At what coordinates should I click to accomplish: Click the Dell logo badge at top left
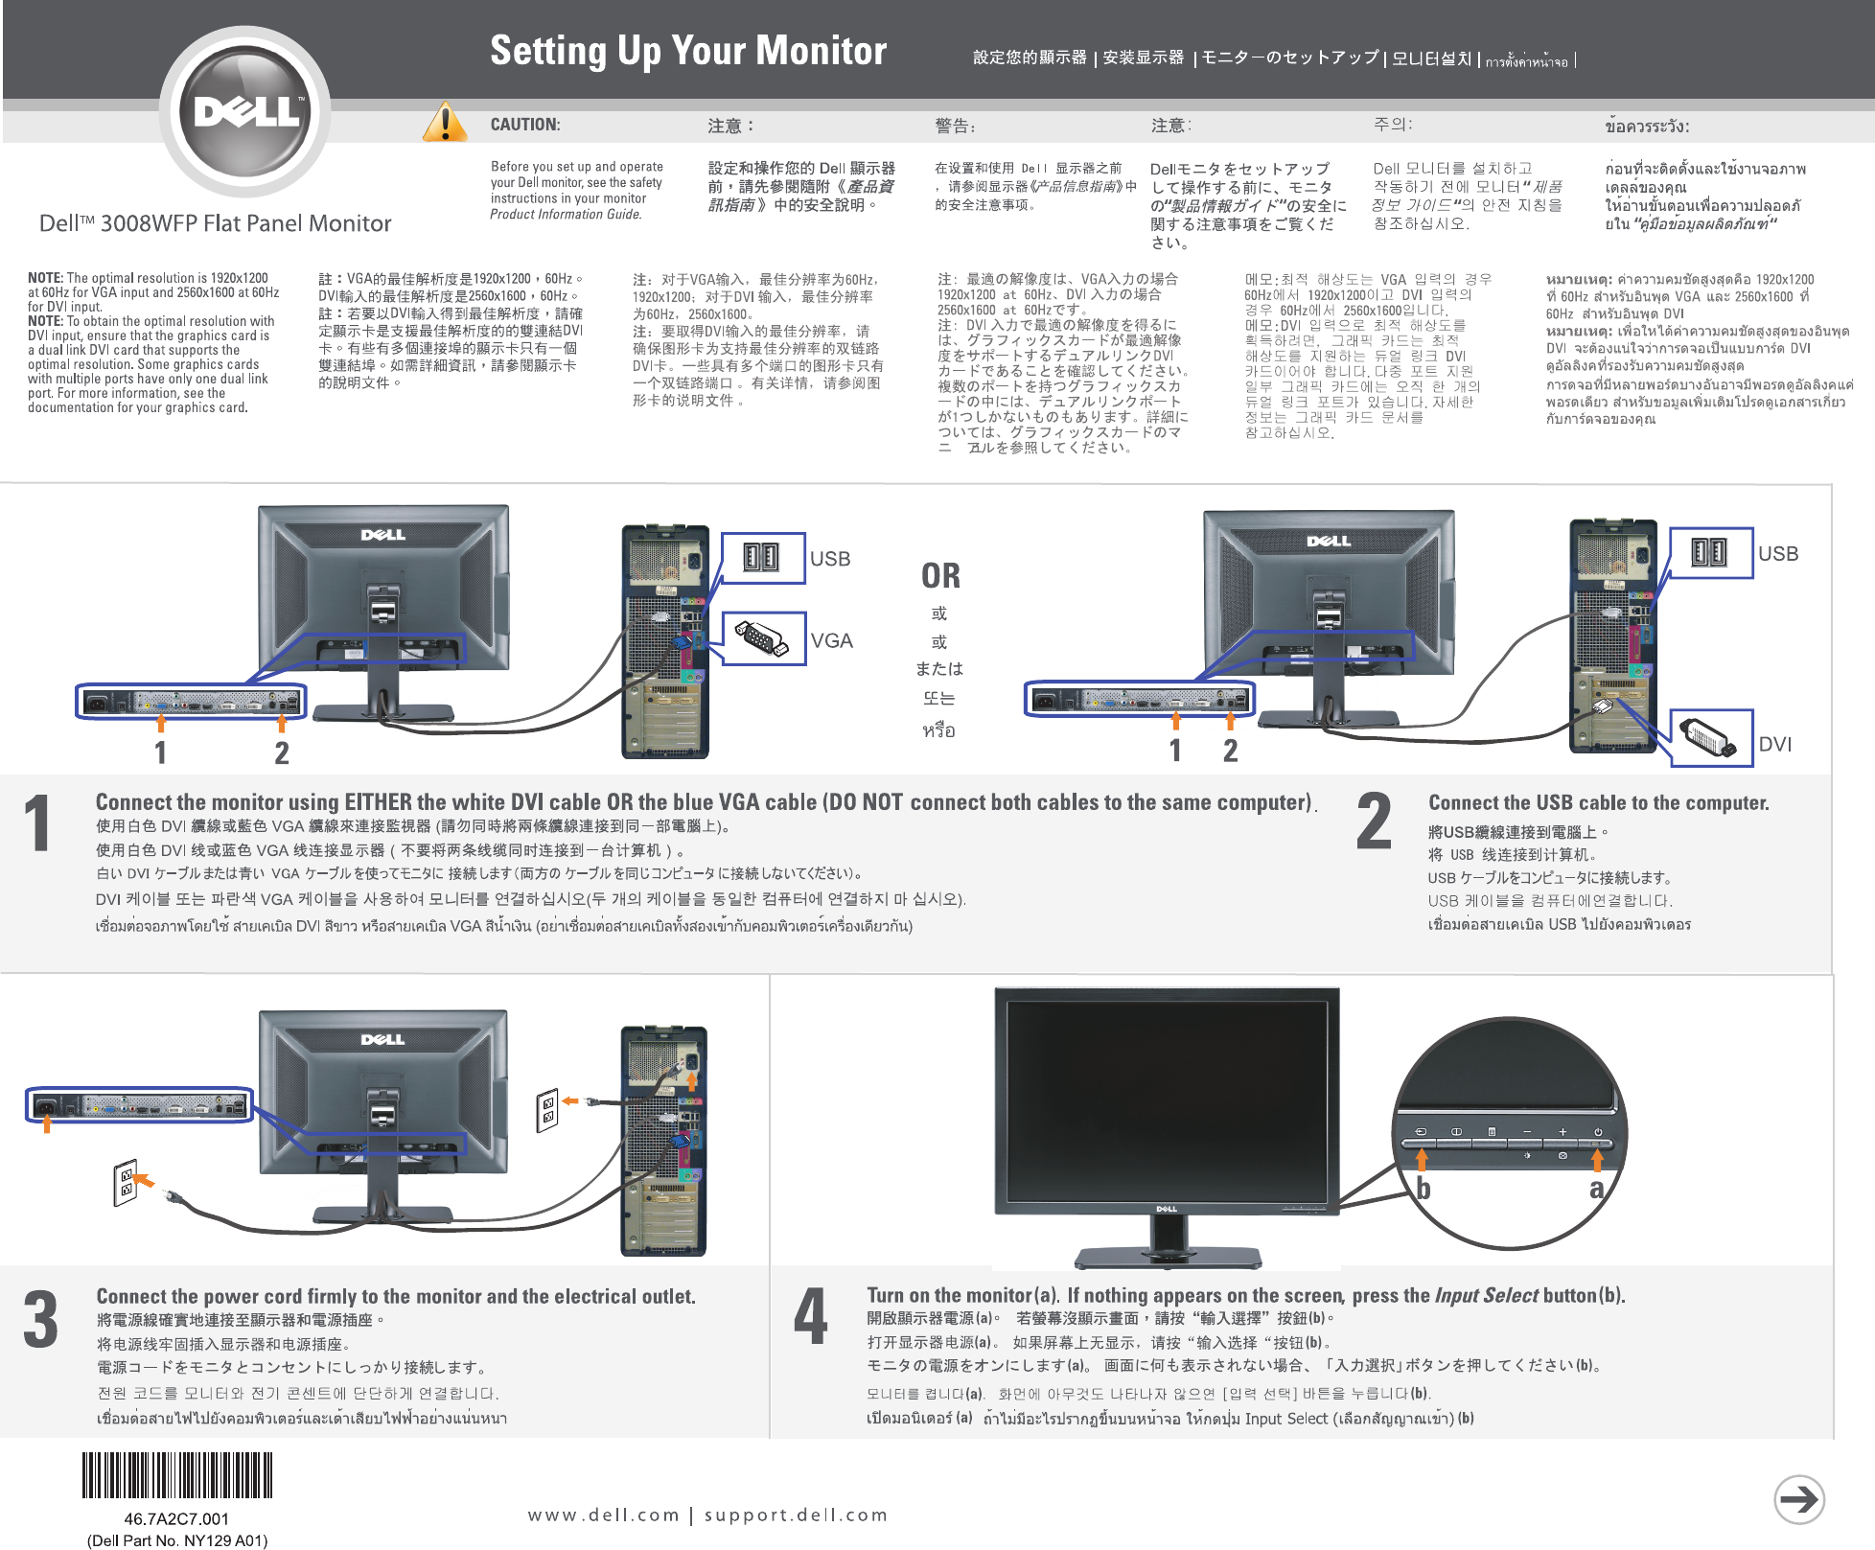[x=245, y=111]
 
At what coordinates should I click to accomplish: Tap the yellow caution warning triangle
[x=445, y=123]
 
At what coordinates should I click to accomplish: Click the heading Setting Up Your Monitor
[x=688, y=51]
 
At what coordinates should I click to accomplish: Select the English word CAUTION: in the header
[x=525, y=125]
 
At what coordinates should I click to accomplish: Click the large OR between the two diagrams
[x=940, y=576]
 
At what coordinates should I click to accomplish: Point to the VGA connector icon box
[x=762, y=638]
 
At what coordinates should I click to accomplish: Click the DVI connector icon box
[x=1710, y=737]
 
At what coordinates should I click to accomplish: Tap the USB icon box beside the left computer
[x=762, y=558]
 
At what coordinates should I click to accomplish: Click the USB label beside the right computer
[x=1778, y=554]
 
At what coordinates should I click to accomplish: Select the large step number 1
[x=37, y=822]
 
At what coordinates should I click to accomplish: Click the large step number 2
[x=1374, y=822]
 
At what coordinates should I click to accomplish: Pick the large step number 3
[x=40, y=1320]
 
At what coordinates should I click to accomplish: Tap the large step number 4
[x=810, y=1318]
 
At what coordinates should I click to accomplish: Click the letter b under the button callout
[x=1424, y=1190]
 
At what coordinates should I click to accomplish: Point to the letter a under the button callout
[x=1596, y=1190]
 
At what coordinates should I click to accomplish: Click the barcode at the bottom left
[x=177, y=1475]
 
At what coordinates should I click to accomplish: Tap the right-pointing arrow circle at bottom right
[x=1798, y=1499]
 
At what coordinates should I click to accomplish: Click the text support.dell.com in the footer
[x=796, y=1515]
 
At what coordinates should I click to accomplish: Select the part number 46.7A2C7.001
[x=176, y=1519]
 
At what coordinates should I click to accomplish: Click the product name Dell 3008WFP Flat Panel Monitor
[x=215, y=223]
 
